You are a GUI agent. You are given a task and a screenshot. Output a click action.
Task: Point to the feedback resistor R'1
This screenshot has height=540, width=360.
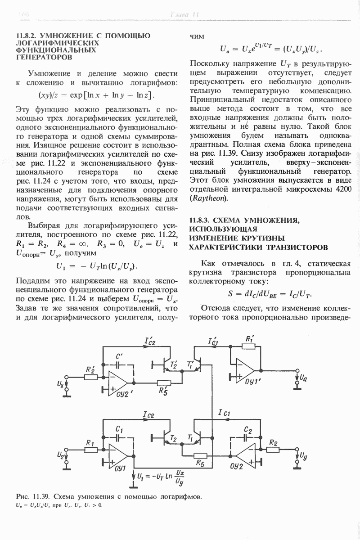point(248,347)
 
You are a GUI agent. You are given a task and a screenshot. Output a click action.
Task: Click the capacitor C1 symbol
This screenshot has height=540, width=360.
point(119,436)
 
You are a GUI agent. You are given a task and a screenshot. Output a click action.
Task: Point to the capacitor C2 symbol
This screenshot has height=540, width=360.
point(247,436)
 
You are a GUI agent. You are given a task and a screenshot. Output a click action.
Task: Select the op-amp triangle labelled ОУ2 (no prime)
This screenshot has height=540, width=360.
point(247,454)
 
